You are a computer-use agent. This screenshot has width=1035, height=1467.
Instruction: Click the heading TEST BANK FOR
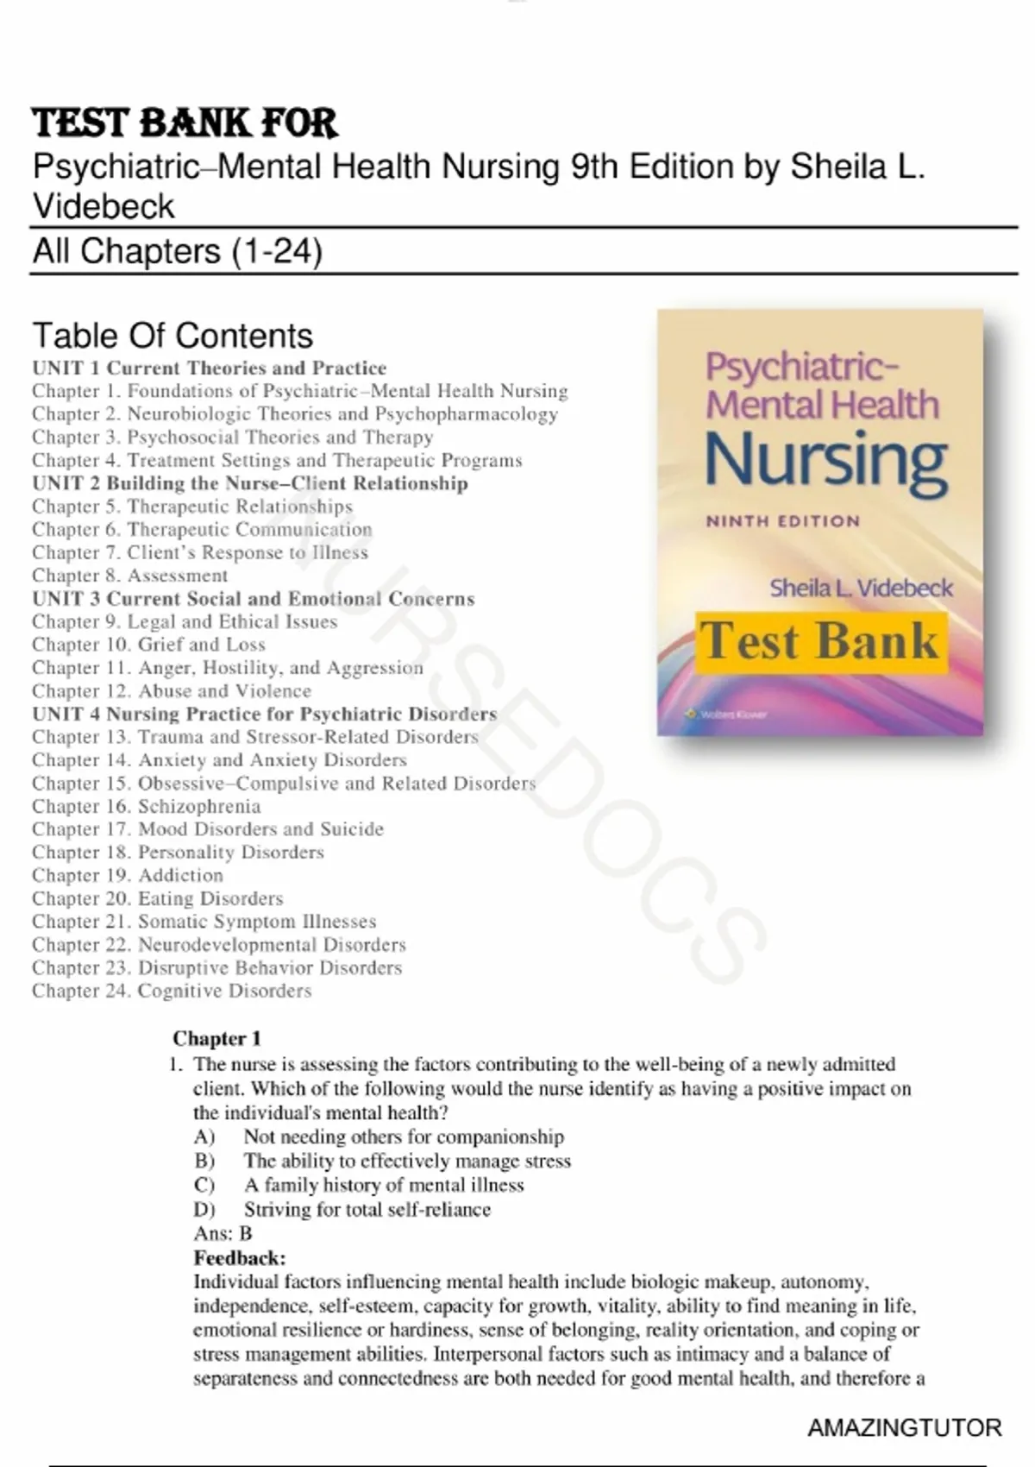(x=185, y=123)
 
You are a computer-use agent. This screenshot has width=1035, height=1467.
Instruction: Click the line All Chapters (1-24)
(x=178, y=251)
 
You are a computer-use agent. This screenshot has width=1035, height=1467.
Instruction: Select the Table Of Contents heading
(x=172, y=335)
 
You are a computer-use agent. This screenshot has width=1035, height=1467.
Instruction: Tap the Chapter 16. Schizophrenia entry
(x=146, y=806)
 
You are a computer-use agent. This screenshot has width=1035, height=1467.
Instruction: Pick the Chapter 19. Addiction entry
(x=127, y=875)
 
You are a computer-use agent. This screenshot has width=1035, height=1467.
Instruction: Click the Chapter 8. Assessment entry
(x=129, y=576)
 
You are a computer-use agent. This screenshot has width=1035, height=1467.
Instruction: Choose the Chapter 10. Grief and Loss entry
(x=148, y=645)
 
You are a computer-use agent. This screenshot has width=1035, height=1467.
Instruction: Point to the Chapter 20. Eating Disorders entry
(x=157, y=898)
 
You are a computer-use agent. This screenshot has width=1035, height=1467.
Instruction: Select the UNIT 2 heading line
(x=250, y=483)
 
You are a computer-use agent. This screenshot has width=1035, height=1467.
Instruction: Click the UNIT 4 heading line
(x=264, y=714)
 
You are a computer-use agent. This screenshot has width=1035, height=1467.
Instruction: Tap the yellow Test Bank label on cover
(x=819, y=641)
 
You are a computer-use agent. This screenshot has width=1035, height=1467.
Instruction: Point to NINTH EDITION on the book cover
(x=782, y=521)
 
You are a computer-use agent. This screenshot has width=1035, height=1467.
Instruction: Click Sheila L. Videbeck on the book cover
(x=861, y=589)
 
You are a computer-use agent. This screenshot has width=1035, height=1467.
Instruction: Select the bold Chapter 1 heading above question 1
(x=216, y=1038)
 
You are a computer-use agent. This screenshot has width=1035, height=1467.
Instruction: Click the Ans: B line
(x=223, y=1233)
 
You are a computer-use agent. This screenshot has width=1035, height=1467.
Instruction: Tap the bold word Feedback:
(x=239, y=1257)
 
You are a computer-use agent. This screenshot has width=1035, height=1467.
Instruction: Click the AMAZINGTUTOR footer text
(x=904, y=1428)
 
